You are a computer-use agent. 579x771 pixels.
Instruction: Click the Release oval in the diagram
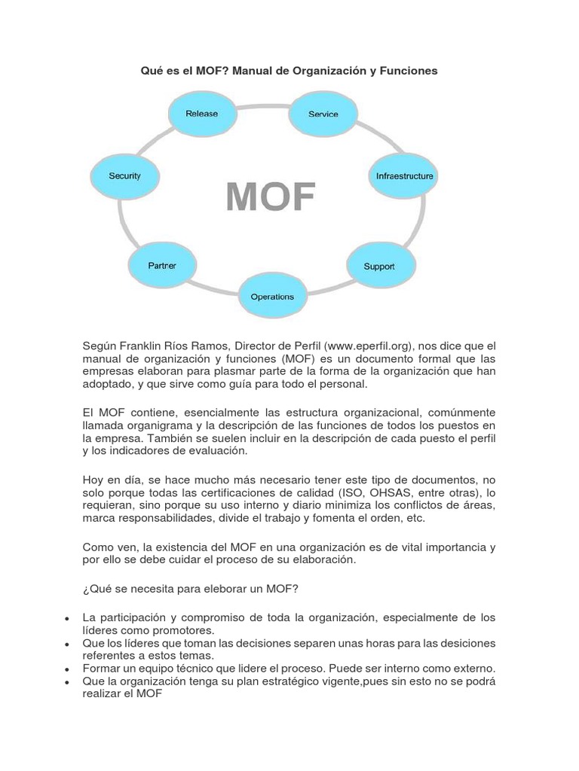pos(201,114)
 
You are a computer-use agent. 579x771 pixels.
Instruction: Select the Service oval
pos(323,114)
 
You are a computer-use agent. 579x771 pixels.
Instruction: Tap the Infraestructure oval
pos(405,176)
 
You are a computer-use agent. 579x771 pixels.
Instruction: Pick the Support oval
pos(379,267)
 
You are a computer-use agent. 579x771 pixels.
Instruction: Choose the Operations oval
pos(272,297)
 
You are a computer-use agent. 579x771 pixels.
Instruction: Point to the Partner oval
pos(162,265)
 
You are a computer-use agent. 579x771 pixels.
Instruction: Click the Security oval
pos(125,176)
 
